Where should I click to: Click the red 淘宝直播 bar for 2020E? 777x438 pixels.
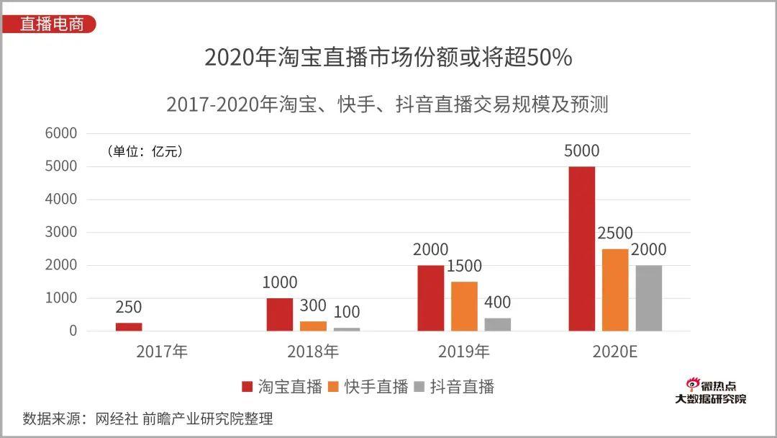581,249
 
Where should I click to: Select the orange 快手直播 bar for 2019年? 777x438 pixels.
464,306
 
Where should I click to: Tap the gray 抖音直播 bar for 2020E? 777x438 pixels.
648,298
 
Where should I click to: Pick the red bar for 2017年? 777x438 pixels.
129,326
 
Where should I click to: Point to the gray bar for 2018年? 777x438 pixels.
346,329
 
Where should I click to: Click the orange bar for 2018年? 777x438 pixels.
313,326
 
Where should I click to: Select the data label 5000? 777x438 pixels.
582,151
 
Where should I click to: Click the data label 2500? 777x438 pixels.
615,233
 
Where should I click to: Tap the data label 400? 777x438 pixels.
497,303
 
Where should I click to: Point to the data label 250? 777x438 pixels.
129,308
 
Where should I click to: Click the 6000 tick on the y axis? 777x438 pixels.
60,133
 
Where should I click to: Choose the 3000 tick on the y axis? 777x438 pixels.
60,232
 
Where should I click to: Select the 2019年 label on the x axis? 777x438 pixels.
464,352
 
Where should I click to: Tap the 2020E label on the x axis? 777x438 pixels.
615,352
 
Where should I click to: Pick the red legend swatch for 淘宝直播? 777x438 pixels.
247,387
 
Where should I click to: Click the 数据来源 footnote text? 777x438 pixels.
147,419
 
